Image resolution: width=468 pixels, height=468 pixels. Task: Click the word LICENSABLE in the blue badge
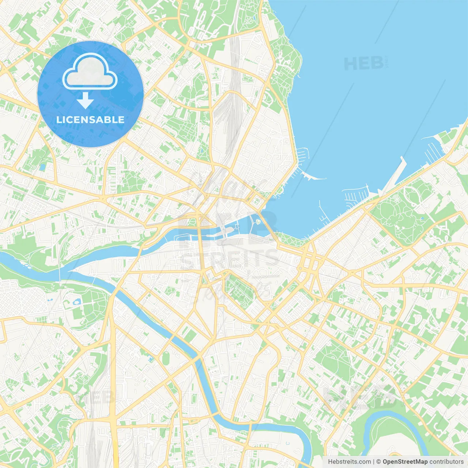[x=90, y=120]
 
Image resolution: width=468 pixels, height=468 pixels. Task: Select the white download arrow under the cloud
[x=85, y=100]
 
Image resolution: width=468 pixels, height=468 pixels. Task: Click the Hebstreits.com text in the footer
[x=349, y=462]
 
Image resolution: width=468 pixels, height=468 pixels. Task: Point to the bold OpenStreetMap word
[x=405, y=462]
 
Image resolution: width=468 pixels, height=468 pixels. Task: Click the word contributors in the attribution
[x=446, y=462]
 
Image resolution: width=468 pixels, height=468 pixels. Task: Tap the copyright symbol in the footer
[x=378, y=462]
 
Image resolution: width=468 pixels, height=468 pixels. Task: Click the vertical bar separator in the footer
[x=374, y=462]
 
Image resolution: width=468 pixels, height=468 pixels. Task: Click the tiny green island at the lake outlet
[x=258, y=222]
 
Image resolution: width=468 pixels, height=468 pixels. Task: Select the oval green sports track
[x=166, y=358]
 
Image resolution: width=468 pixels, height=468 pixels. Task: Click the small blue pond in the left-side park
[x=77, y=302]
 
